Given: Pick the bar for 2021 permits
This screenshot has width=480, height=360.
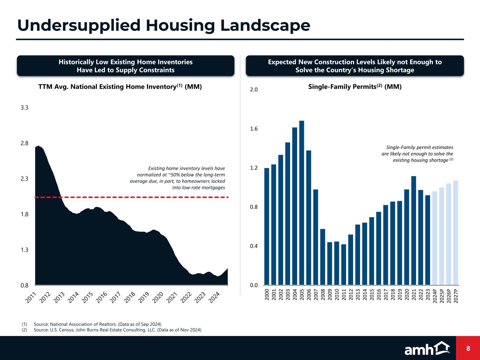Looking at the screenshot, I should click(x=414, y=230).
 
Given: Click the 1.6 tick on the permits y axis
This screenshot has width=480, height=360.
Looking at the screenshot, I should click(x=254, y=129).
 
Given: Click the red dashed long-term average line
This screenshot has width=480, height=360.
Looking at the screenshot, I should click(x=141, y=197).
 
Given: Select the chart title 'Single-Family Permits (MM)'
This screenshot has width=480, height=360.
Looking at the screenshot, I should click(x=354, y=86).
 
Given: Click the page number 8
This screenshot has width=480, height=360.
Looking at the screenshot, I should click(x=468, y=348).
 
